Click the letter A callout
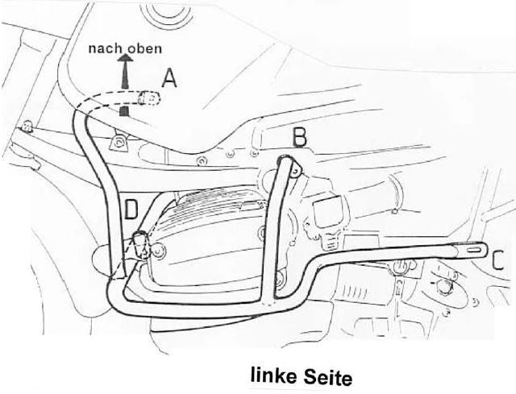pos(169,79)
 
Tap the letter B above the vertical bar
pos(299,138)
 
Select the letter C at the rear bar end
pos(498,261)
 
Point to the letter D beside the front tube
pos(131,209)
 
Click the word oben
pos(145,48)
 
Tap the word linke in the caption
pos(274,375)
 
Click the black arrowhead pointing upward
pos(126,58)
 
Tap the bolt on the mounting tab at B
pos(296,170)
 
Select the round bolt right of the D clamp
pos(158,251)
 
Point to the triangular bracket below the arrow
pos(119,143)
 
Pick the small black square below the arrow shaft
pos(123,111)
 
